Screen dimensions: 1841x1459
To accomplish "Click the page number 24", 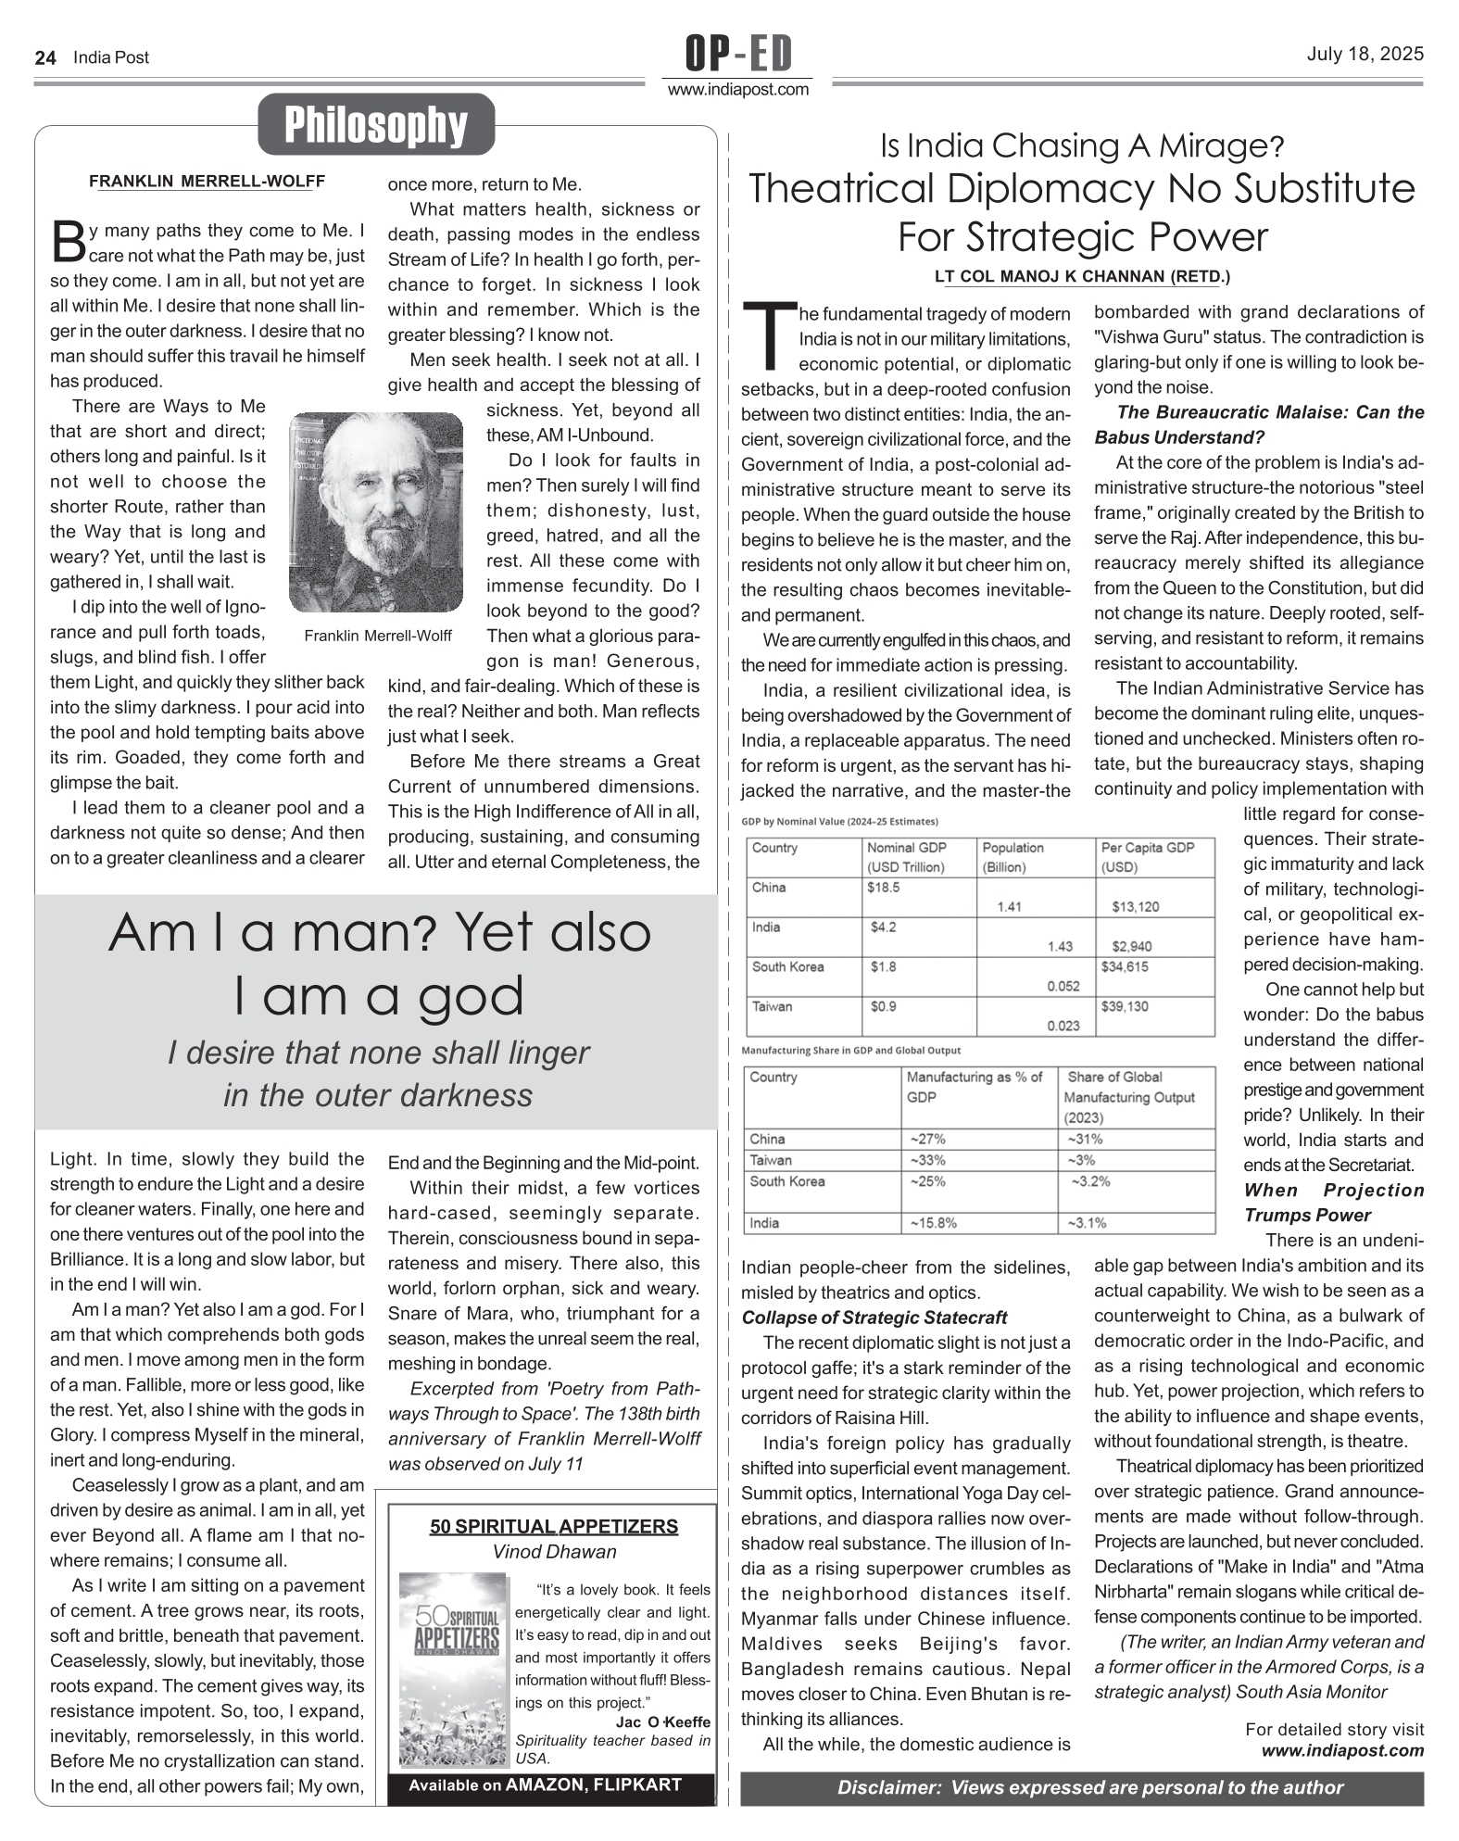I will click(x=44, y=57).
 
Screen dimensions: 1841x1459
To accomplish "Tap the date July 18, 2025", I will click(x=1365, y=54).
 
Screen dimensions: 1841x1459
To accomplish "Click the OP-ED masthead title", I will click(x=738, y=55).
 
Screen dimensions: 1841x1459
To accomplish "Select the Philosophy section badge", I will click(x=375, y=125).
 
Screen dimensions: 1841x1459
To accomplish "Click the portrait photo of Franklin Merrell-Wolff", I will click(x=375, y=512).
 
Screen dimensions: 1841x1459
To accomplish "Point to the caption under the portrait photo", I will click(x=378, y=636).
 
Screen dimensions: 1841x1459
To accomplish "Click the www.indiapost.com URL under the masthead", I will click(x=738, y=90).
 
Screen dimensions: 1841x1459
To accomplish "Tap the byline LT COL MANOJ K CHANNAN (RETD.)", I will click(x=1082, y=276).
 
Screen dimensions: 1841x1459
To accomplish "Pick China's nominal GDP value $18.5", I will click(x=883, y=887).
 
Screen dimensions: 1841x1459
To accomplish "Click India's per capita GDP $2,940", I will click(x=1132, y=946).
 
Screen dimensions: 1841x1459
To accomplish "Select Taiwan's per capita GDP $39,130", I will click(x=1125, y=1006).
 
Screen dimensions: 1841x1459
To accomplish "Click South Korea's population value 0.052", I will click(x=1063, y=986).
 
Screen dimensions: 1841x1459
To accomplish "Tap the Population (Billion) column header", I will click(x=1012, y=857).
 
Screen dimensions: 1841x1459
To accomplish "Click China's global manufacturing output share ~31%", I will click(x=1085, y=1139).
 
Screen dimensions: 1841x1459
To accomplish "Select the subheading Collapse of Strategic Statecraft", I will click(x=874, y=1318).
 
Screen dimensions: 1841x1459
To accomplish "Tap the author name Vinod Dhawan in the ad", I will click(x=554, y=1551).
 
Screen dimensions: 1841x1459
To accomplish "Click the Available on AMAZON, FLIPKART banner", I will click(x=546, y=1784).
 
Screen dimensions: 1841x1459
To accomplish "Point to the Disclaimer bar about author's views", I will click(x=1081, y=1787).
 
